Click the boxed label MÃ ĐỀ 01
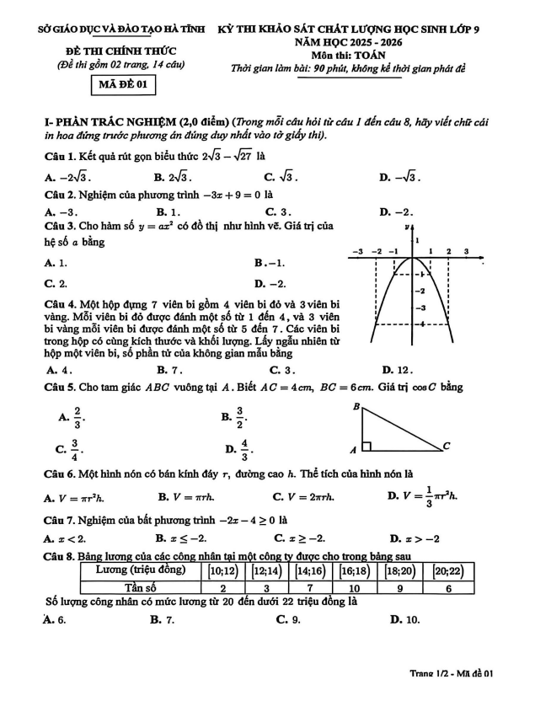click(x=123, y=83)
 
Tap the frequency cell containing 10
click(x=355, y=587)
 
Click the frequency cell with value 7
click(x=310, y=587)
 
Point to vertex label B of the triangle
click(x=356, y=407)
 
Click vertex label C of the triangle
click(x=447, y=446)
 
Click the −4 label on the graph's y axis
click(x=419, y=325)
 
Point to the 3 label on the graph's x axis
click(x=466, y=251)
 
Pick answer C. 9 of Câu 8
click(x=288, y=619)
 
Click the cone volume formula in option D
click(x=433, y=495)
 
